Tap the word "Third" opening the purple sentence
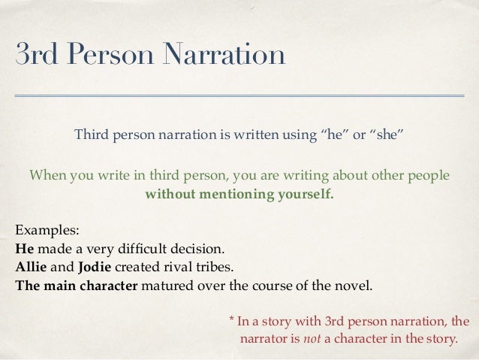90,137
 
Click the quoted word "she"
386,137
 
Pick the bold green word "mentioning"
239,194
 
